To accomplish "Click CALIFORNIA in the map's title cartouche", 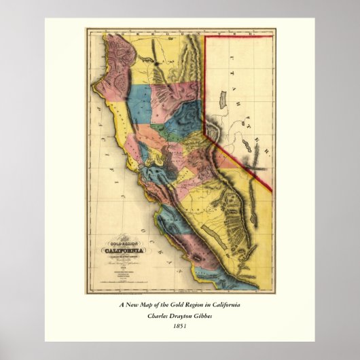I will coord(115,250).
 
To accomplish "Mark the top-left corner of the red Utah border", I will coord(205,37).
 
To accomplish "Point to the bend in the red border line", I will coord(206,132).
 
